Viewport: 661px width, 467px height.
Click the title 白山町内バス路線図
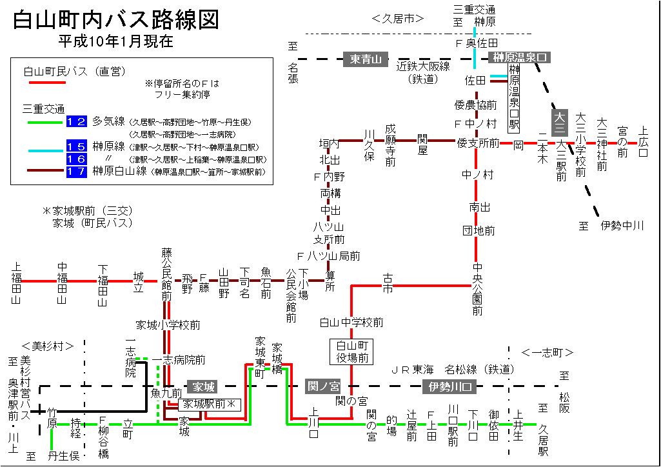click(116, 20)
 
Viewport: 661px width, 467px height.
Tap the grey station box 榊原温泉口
click(520, 58)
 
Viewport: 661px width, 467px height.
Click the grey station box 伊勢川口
click(449, 387)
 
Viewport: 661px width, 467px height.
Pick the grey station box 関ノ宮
click(322, 386)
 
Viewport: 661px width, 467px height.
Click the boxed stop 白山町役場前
click(351, 352)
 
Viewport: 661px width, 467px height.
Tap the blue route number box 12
click(76, 121)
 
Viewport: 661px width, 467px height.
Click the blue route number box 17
click(76, 172)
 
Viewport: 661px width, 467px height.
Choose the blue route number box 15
click(76, 146)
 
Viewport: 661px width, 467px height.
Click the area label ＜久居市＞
click(398, 19)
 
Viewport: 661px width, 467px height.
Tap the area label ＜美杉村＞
click(47, 346)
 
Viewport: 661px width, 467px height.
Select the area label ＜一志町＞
click(548, 352)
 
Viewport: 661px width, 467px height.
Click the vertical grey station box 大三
click(558, 121)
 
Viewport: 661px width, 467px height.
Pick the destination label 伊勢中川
click(622, 226)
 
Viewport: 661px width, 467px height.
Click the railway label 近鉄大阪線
click(423, 66)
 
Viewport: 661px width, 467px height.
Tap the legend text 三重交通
click(43, 108)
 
